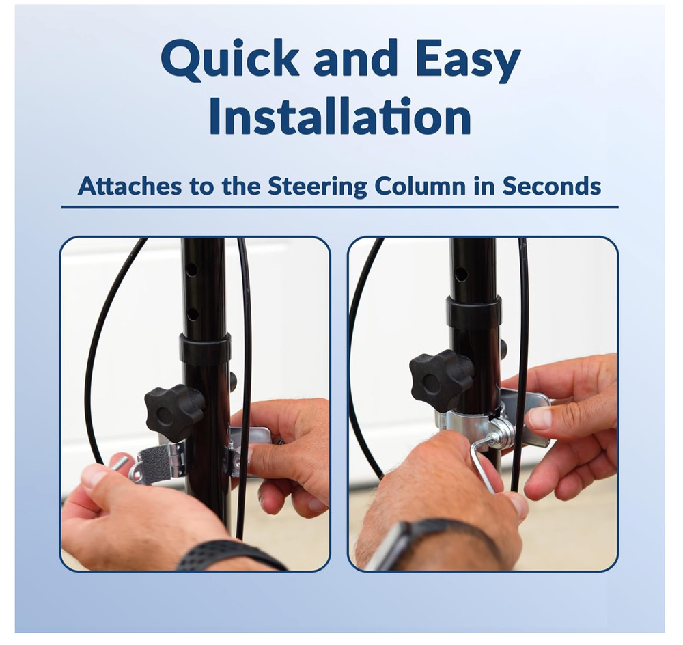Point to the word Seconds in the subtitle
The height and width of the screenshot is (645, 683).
[x=552, y=186]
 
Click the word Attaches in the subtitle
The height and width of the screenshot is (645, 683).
[x=130, y=186]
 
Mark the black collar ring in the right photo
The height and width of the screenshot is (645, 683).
[x=473, y=312]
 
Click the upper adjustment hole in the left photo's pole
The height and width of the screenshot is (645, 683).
[x=191, y=271]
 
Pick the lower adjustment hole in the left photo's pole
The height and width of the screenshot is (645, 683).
[x=192, y=313]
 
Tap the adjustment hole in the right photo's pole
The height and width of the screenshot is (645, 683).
[x=461, y=274]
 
